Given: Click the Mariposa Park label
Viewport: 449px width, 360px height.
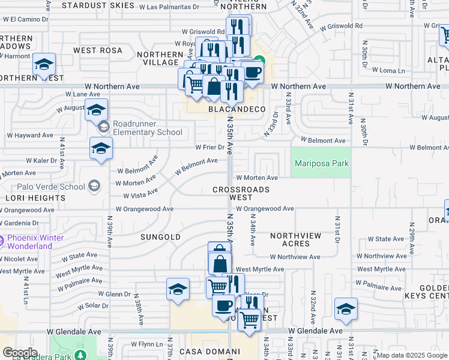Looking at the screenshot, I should point(321,163).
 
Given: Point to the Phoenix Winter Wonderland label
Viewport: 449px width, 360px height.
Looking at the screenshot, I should point(35,242).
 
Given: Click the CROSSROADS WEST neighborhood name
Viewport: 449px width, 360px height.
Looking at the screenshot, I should point(241,193).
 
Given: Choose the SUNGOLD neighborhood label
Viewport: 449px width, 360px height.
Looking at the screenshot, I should point(160,237).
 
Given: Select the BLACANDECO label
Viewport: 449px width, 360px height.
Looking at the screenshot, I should point(237,109).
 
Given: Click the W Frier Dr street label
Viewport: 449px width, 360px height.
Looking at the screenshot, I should point(209,147).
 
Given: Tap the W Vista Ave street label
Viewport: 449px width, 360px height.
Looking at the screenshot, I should point(140,193).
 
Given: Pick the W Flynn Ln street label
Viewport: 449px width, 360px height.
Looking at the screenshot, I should point(147,344).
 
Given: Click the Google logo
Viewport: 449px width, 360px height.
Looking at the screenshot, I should point(20,353).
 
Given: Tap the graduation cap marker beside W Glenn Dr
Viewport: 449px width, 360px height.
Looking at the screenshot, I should point(178,289).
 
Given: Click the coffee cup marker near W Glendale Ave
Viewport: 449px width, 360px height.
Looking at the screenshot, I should point(223,305).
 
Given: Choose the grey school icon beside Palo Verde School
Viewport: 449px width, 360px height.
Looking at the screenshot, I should point(94,187).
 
